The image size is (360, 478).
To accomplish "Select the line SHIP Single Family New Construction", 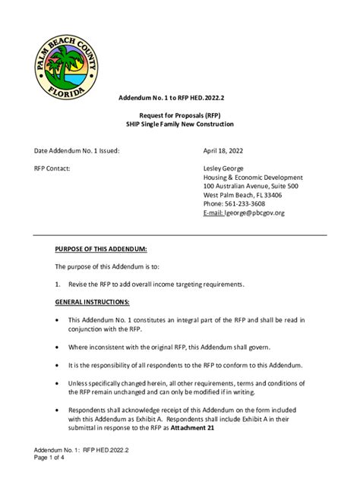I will pos(180,124).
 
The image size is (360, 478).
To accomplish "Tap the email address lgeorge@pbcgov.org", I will pos(254,213).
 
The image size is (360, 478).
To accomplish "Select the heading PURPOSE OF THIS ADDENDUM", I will pos(101,249).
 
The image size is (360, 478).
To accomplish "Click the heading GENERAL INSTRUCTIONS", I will pos(92,302).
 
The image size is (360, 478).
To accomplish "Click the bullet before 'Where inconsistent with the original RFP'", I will pos(58,347).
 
